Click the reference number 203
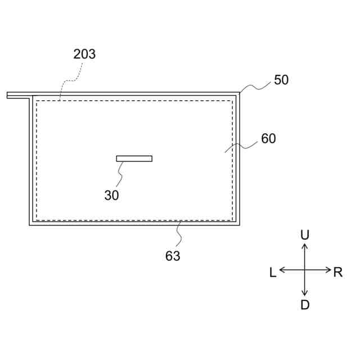pyautogui.click(x=84, y=55)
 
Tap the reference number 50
pyautogui.click(x=281, y=80)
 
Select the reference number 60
pyautogui.click(x=268, y=138)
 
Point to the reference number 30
pyautogui.click(x=111, y=195)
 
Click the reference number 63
pyautogui.click(x=173, y=256)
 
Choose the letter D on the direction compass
pyautogui.click(x=305, y=305)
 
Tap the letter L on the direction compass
pyautogui.click(x=273, y=272)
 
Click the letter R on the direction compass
pyautogui.click(x=337, y=272)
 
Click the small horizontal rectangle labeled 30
pyautogui.click(x=134, y=159)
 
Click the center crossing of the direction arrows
pyautogui.click(x=305, y=270)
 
